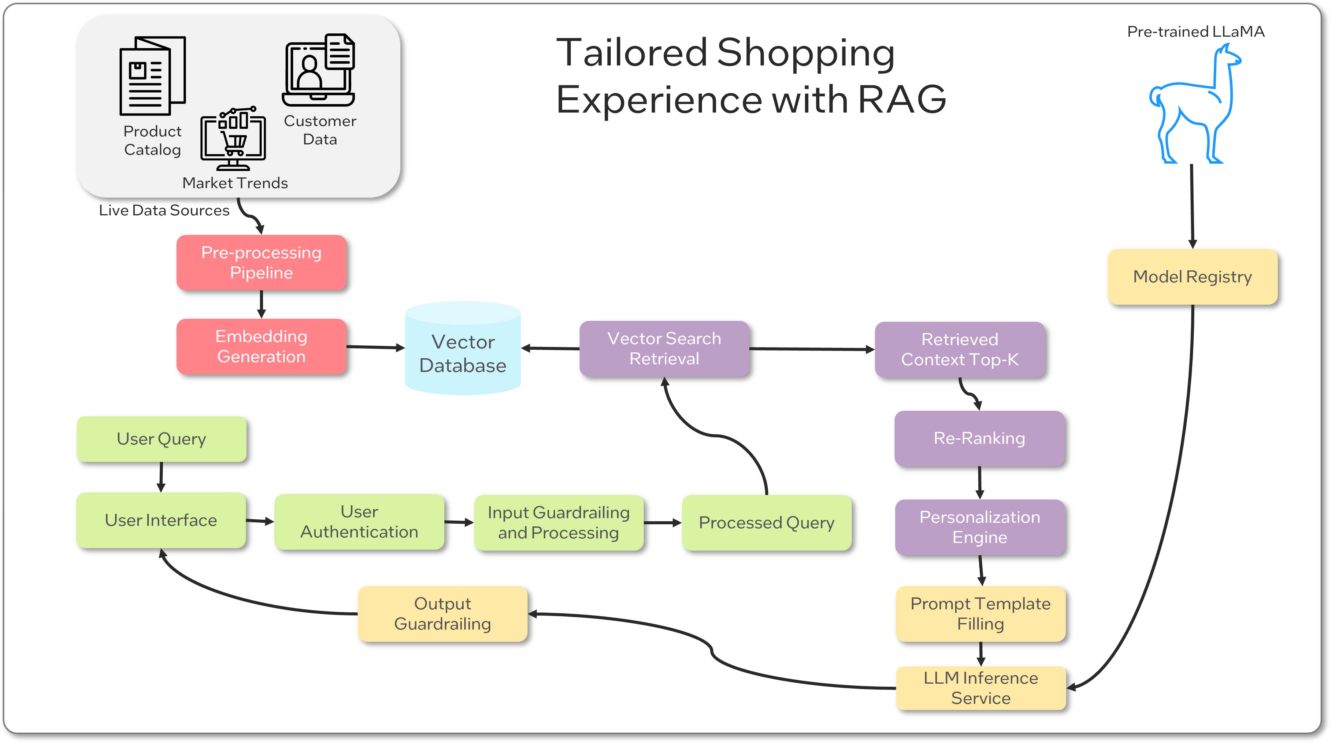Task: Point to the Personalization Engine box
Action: [980, 527]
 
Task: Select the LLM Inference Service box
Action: [980, 688]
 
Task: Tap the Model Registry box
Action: [1192, 277]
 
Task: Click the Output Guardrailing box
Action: [442, 614]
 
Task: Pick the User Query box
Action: [161, 439]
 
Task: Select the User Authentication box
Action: [359, 522]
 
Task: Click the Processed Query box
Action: [766, 522]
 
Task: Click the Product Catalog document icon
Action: [152, 76]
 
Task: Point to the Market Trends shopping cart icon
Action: [234, 139]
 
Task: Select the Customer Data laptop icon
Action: [319, 71]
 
